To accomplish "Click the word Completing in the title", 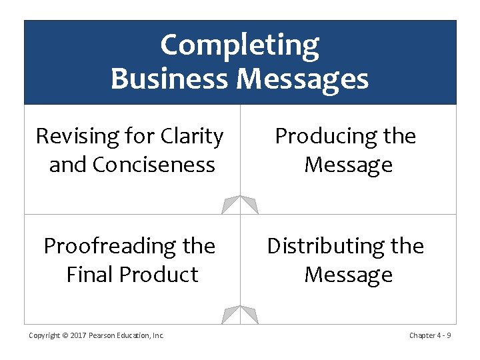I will (240, 46).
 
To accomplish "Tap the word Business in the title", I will (170, 79).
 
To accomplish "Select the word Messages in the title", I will (302, 79).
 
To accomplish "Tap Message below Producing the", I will (348, 165).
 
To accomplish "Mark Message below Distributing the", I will (348, 275).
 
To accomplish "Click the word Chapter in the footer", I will (422, 335).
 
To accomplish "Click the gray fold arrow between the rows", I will (240, 204).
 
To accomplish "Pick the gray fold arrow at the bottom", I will (240, 314).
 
